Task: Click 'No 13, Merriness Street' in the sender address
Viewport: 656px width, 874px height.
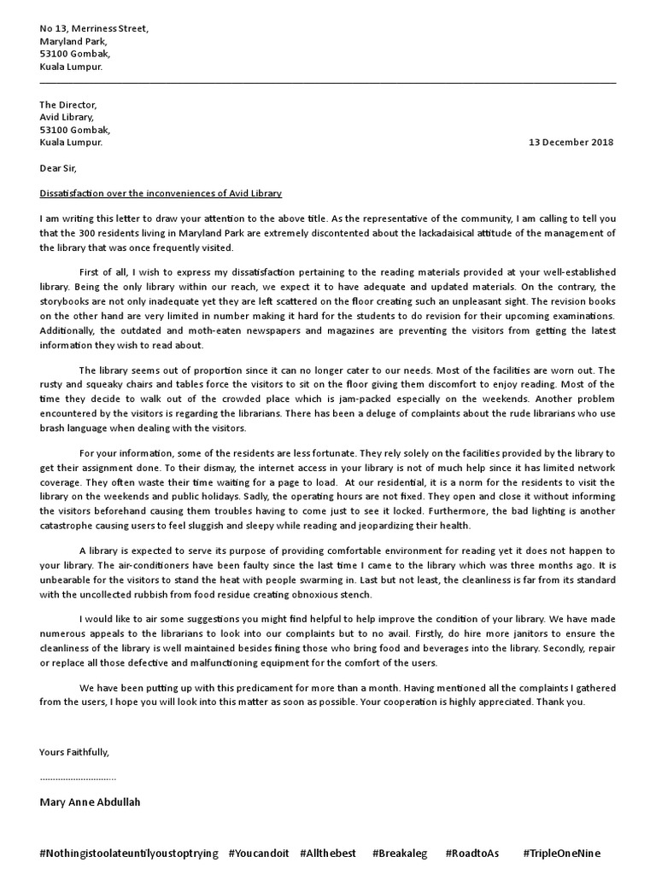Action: [93, 28]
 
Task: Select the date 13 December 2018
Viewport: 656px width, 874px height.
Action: [571, 143]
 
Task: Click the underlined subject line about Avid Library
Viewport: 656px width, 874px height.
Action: [160, 194]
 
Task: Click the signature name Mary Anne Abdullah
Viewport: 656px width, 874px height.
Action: [90, 802]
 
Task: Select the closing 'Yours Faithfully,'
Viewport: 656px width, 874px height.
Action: [74, 752]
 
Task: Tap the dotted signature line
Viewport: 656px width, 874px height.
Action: [78, 778]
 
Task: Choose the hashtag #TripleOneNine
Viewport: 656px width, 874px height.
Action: [569, 854]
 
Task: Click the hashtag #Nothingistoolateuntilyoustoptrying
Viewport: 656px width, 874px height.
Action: [129, 854]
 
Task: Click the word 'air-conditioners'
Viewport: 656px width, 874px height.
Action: [138, 566]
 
